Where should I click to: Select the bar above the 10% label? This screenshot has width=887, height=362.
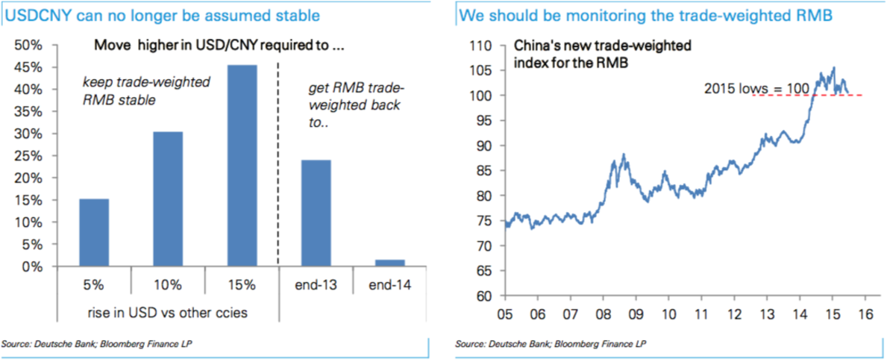(x=167, y=199)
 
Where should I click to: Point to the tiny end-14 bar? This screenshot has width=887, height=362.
(x=389, y=263)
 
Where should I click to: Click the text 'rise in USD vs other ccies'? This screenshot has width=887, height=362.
(x=167, y=312)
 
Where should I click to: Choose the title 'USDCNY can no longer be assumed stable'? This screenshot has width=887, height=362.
(x=163, y=15)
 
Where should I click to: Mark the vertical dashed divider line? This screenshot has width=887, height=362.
(x=278, y=162)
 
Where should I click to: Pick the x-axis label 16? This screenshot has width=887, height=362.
(x=865, y=313)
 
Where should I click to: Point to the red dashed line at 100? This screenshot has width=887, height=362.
(x=807, y=96)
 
